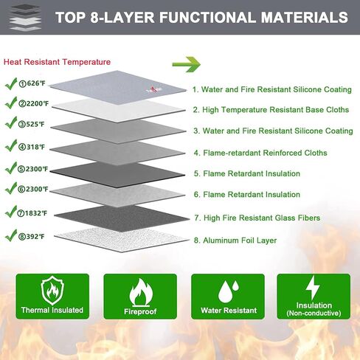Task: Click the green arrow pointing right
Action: pos(187,64)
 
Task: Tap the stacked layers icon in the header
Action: pos(25,18)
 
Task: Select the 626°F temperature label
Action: pos(32,83)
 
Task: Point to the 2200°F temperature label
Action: pos(34,103)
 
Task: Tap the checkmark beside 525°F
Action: pos(11,122)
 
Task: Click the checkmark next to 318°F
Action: pos(11,145)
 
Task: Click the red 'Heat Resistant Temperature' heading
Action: pos(57,62)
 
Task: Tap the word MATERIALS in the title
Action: pos(305,17)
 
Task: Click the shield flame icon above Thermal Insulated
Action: pos(52,290)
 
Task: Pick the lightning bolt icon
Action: pos(313,287)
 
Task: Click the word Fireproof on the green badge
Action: pos(140,311)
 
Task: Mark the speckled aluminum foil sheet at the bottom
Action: pos(122,240)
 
